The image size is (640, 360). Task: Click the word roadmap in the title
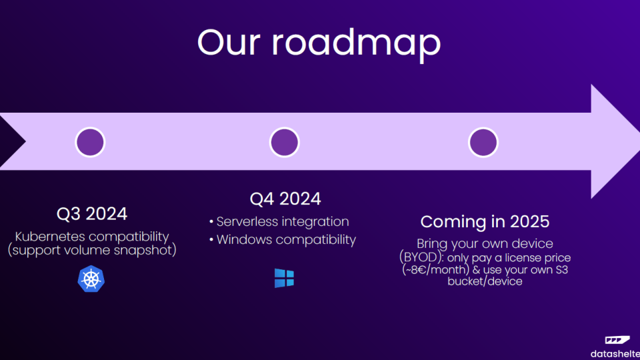pyautogui.click(x=356, y=44)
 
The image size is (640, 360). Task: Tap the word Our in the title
pyautogui.click(x=229, y=42)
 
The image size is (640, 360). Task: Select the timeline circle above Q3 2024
pyautogui.click(x=90, y=142)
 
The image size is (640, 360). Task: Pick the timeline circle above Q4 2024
pyautogui.click(x=285, y=142)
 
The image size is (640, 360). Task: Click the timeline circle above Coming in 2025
pyautogui.click(x=483, y=142)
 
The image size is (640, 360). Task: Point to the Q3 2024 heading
pyautogui.click(x=92, y=214)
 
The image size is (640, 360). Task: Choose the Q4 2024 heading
pyautogui.click(x=285, y=199)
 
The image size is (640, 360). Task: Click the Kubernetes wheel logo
pyautogui.click(x=91, y=279)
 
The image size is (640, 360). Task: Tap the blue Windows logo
pyautogui.click(x=284, y=278)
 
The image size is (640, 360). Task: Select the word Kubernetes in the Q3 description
pyautogui.click(x=50, y=236)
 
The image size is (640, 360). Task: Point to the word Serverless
pyautogui.click(x=248, y=221)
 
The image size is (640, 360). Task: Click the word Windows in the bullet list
pyautogui.click(x=243, y=239)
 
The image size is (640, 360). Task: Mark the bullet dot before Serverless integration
pyautogui.click(x=211, y=221)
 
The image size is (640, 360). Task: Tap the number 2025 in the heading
pyautogui.click(x=529, y=221)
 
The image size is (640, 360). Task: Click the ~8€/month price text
pyautogui.click(x=435, y=270)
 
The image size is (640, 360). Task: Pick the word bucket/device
pyautogui.click(x=485, y=281)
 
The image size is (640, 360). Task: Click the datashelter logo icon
pyautogui.click(x=617, y=339)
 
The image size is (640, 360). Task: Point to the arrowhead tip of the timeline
pyautogui.click(x=639, y=141)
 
